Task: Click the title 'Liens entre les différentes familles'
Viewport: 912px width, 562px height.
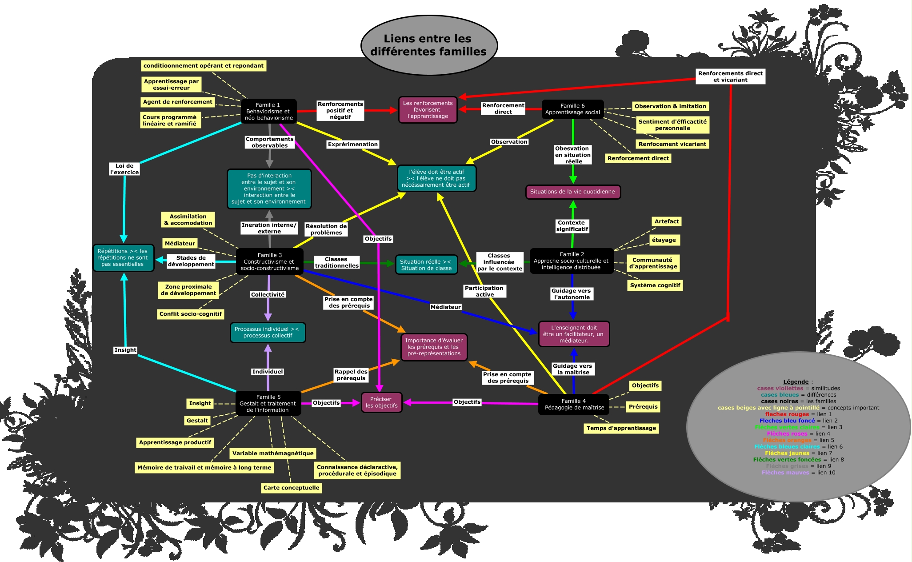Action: point(428,45)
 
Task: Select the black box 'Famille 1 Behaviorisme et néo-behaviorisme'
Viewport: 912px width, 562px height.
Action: point(268,111)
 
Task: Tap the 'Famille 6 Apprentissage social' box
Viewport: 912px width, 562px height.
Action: point(572,109)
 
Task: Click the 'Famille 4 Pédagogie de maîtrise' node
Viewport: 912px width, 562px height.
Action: point(574,404)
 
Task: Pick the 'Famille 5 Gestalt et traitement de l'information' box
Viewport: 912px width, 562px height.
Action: point(268,403)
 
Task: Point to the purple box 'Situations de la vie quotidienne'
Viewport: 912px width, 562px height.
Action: point(572,192)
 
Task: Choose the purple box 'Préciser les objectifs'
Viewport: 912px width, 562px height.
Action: point(381,402)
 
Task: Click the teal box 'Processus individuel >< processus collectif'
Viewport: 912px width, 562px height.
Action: point(268,333)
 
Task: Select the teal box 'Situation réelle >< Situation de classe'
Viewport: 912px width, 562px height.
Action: point(426,265)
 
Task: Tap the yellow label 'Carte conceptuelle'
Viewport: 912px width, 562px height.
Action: point(291,488)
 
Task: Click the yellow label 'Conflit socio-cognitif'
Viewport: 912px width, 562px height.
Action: point(190,314)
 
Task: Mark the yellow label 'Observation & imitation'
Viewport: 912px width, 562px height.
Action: point(670,106)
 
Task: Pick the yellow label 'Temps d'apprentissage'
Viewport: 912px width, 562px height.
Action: point(621,428)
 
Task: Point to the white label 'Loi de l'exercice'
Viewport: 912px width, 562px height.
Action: point(124,169)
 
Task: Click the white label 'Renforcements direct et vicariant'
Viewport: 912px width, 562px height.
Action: point(730,76)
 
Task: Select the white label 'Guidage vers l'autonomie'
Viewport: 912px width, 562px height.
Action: point(571,294)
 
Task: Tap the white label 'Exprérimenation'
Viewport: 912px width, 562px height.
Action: point(352,145)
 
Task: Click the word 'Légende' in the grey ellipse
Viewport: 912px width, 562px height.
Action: point(796,381)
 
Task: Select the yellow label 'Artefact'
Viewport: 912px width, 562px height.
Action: point(666,221)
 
